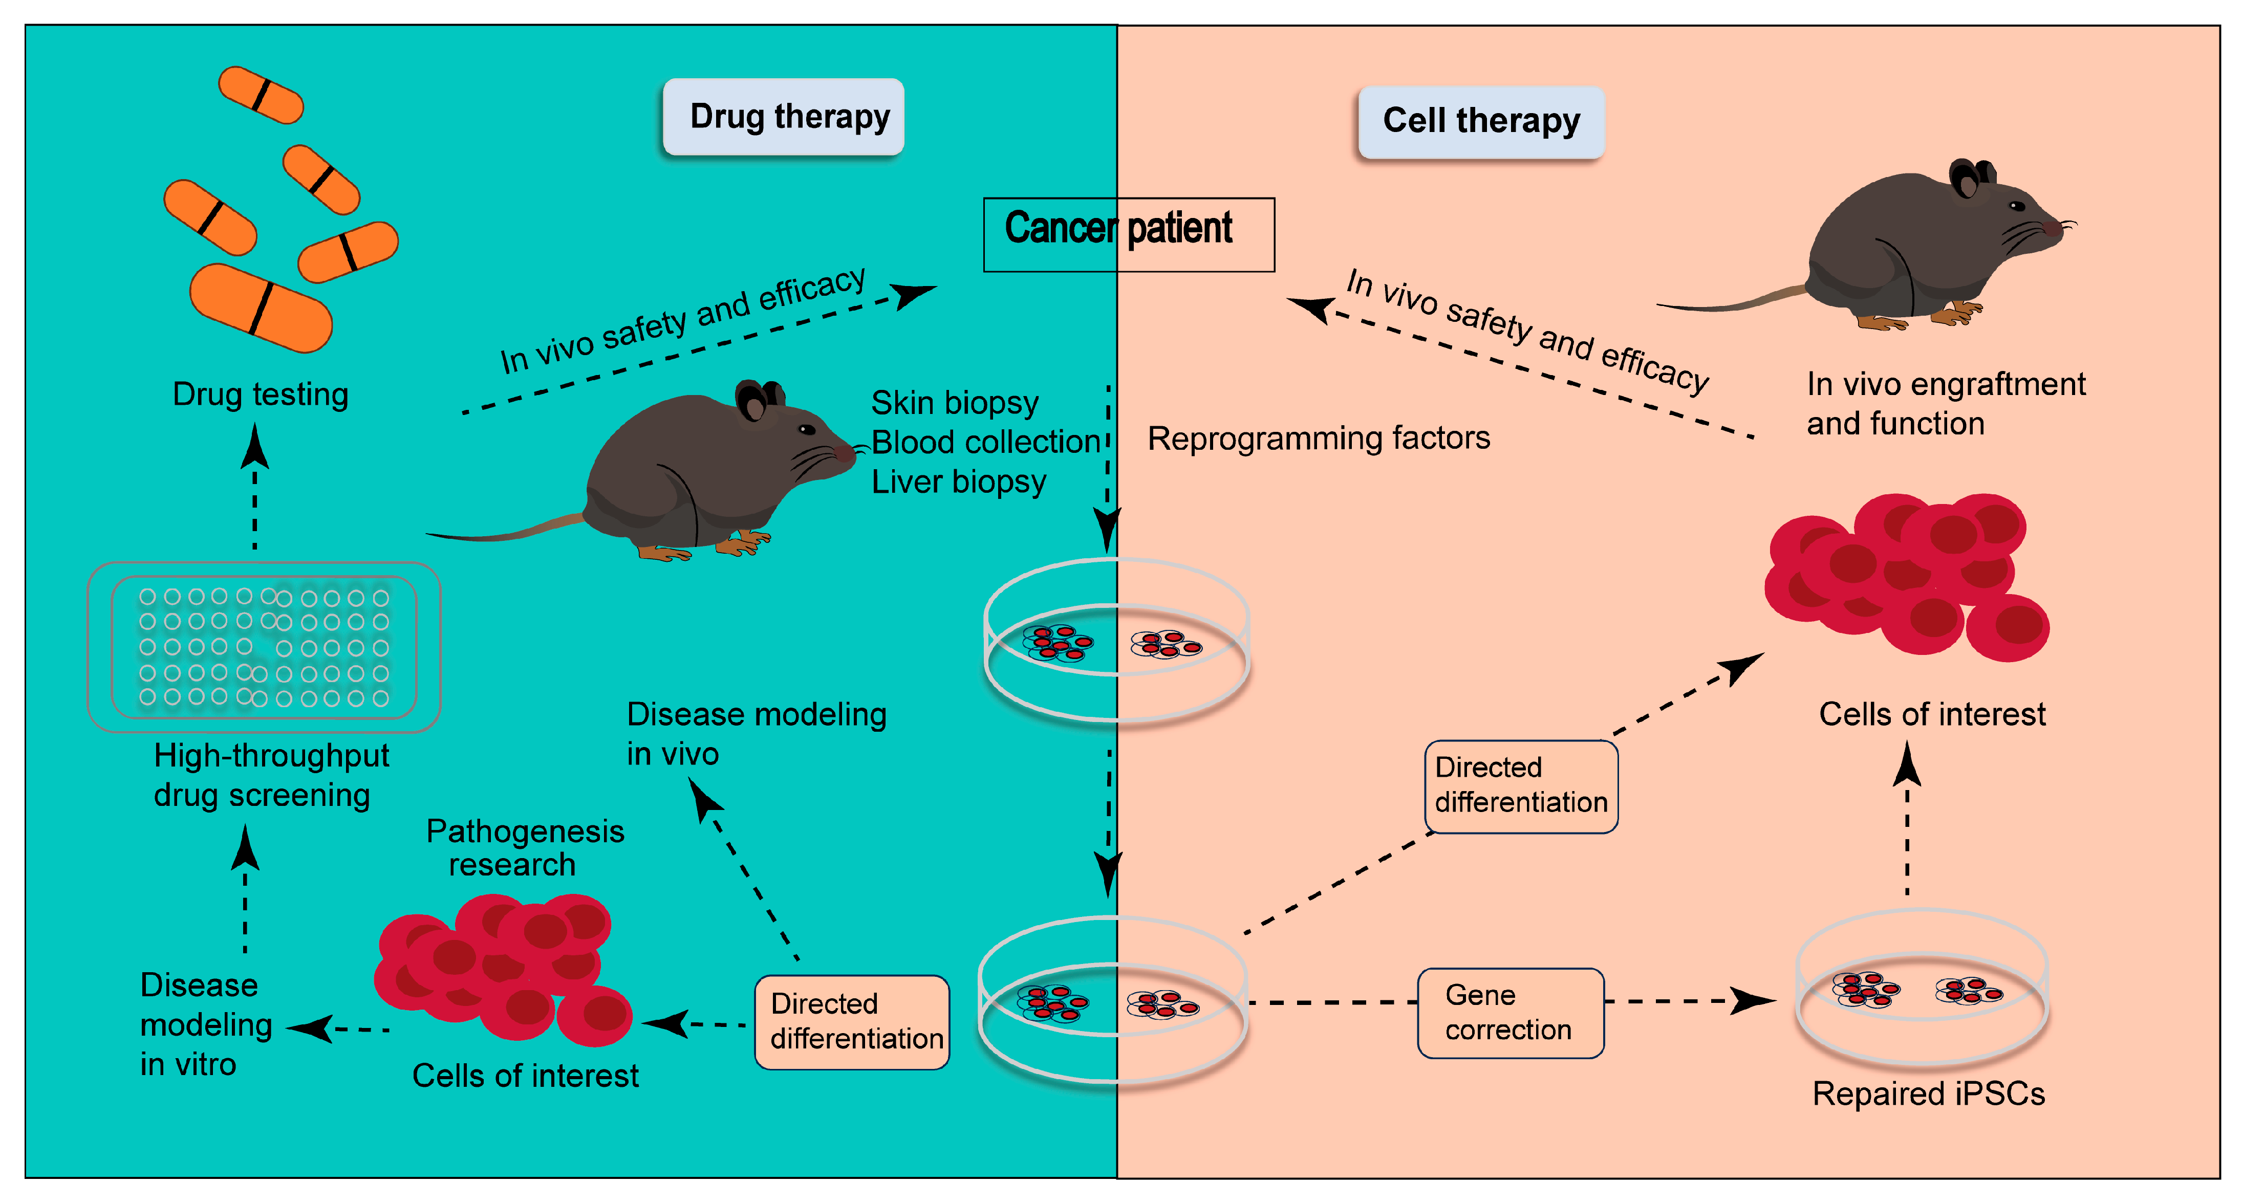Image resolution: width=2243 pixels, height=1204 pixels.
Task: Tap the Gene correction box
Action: tap(1510, 1013)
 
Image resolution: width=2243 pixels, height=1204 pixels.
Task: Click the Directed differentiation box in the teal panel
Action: tap(852, 1021)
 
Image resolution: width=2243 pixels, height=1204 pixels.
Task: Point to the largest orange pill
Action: tap(261, 308)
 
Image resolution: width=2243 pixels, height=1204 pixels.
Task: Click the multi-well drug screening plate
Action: tap(264, 647)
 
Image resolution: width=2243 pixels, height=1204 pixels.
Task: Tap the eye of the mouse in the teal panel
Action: tap(806, 429)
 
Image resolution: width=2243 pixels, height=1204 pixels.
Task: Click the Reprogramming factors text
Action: tap(1318, 438)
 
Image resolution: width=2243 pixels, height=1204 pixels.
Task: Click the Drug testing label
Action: tap(261, 395)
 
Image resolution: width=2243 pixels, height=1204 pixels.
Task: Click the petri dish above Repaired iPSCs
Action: tap(1922, 989)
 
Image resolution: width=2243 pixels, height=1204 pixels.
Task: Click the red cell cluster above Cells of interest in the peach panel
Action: tap(1906, 575)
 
